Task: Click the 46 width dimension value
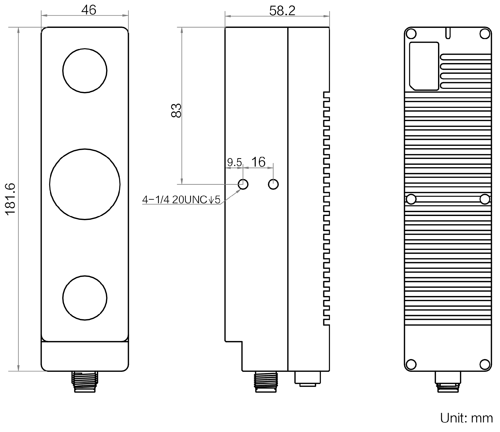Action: pos(89,10)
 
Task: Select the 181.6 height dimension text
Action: pos(11,199)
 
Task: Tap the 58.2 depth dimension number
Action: pos(282,11)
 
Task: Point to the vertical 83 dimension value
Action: pos(176,110)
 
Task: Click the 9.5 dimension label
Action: pos(234,162)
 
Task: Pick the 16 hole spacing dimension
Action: pos(258,162)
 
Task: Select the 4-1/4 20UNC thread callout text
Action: pos(181,200)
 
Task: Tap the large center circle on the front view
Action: pos(85,184)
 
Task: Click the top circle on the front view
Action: pos(85,70)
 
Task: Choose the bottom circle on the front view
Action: pos(85,298)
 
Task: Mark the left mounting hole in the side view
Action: pos(243,184)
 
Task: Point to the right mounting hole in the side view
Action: pos(273,184)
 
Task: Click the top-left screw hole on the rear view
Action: pos(411,34)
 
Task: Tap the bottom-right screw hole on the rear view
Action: pos(485,364)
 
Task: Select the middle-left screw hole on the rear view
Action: pos(411,199)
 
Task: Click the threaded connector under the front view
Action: pos(85,381)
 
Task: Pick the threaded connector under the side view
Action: pos(266,381)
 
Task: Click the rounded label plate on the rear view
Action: pos(424,66)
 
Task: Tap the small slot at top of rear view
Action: pos(448,33)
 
